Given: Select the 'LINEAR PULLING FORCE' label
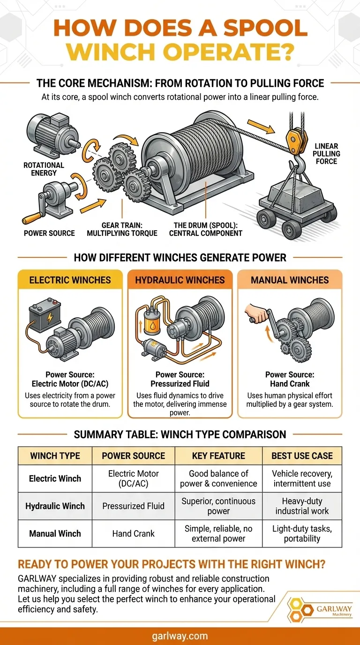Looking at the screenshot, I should point(326,154).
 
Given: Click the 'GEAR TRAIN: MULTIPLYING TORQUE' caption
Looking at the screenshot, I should point(123,229).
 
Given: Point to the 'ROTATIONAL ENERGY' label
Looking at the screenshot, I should point(44,169).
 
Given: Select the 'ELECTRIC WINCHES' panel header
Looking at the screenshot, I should point(70,280).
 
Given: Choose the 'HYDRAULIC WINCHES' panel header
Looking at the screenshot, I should point(180,280).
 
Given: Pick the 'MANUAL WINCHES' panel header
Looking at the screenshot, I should point(290,280).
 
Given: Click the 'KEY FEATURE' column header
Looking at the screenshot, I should point(218,456).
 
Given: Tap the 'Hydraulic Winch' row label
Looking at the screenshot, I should point(55,506).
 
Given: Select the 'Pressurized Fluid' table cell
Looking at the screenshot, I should point(134,506).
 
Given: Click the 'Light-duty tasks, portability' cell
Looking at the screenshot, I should point(302,533).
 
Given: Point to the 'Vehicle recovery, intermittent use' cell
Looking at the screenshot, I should point(302,478).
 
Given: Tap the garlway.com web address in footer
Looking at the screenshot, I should point(180,636).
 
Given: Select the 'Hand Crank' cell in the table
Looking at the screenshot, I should point(134,533).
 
